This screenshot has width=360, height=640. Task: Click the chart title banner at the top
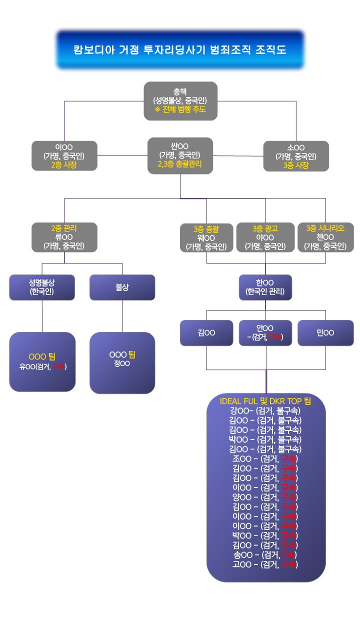tap(180, 50)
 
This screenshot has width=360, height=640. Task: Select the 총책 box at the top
tap(180, 100)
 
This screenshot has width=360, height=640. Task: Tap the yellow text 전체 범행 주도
tap(180, 109)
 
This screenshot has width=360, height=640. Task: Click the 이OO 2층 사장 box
tap(64, 156)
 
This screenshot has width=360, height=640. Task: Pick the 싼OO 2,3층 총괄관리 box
tap(180, 155)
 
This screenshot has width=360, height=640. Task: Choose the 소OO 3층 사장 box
tap(296, 156)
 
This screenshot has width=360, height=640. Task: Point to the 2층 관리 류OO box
tap(64, 237)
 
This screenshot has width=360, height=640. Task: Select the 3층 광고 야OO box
tap(265, 237)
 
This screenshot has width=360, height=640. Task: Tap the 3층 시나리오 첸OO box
tap(325, 237)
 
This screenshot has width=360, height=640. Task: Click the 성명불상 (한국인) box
tap(42, 287)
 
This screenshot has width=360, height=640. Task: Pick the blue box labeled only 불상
tap(122, 287)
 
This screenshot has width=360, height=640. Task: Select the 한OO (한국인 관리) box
tap(265, 287)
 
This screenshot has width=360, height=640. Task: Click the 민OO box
tap(325, 333)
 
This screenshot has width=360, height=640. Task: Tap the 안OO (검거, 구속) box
tap(265, 333)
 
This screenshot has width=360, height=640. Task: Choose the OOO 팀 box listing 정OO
tap(122, 362)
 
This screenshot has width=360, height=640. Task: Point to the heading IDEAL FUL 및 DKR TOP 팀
tap(265, 401)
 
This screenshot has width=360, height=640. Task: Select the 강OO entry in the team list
tap(265, 410)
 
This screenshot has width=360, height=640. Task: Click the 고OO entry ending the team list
tap(265, 564)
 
